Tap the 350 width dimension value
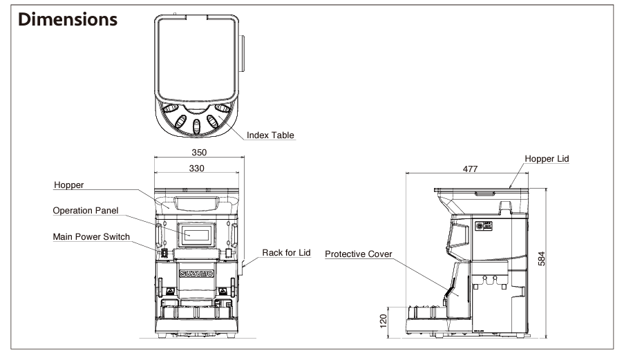[198, 152]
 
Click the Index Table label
[271, 135]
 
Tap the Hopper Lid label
[547, 159]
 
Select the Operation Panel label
[86, 211]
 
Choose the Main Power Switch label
[91, 237]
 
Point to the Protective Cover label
[359, 254]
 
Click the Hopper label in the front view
[68, 185]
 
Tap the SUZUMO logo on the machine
[197, 273]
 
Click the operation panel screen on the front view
[197, 235]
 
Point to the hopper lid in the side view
[482, 189]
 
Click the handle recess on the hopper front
[198, 203]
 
